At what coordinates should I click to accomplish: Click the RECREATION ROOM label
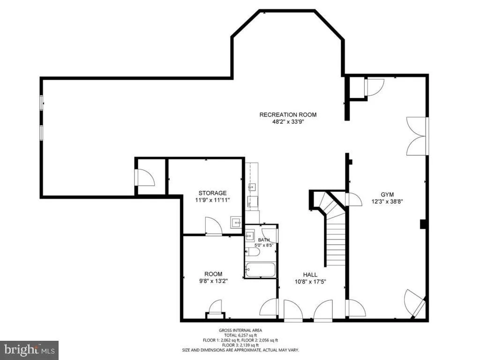coord(288,115)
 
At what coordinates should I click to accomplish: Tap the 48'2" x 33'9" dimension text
coord(288,122)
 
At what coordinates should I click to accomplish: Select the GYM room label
coord(387,195)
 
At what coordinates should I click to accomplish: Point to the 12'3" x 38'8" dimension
coord(387,202)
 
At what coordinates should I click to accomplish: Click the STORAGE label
coord(212,193)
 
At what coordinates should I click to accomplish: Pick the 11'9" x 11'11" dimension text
coord(212,200)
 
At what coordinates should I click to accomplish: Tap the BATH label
coord(263,240)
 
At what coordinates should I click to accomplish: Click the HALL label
coord(310,275)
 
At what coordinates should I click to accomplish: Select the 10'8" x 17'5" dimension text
coord(310,282)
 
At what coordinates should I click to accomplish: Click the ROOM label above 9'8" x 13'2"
coord(213,274)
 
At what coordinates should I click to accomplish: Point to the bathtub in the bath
coord(261,270)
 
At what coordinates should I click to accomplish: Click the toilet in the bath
coord(253,252)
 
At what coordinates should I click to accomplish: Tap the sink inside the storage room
coord(236,223)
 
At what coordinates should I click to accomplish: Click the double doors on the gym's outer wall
coord(416,136)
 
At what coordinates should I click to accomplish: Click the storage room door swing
coord(213,226)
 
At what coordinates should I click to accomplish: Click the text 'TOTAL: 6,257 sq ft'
coord(240,335)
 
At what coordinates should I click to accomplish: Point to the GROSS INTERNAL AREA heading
coord(240,330)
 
